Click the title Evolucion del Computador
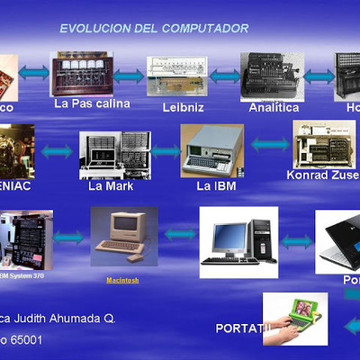(x=154, y=29)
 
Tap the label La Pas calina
(x=92, y=103)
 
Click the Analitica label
(x=274, y=107)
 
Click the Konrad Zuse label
(x=322, y=175)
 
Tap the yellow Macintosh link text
(x=123, y=280)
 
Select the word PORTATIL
(x=242, y=326)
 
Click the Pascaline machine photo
(x=83, y=74)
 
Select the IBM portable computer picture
(x=212, y=149)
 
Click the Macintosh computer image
(x=122, y=236)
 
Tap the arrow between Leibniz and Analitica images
(x=224, y=77)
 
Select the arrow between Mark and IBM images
(x=165, y=151)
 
